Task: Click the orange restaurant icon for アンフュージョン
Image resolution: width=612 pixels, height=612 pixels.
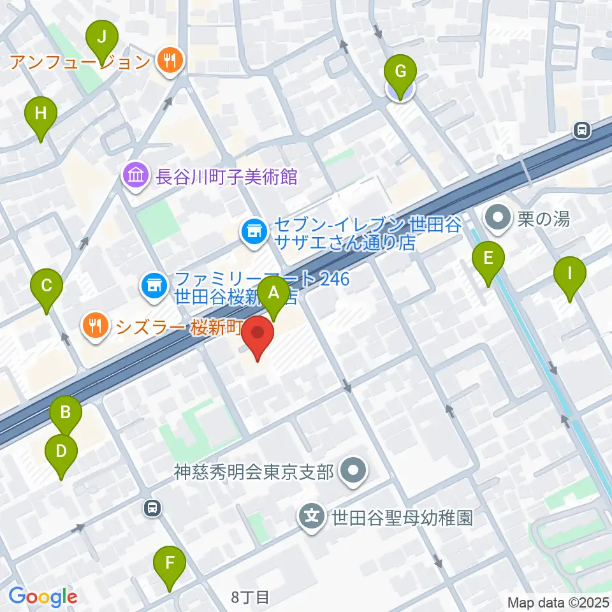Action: pos(170,61)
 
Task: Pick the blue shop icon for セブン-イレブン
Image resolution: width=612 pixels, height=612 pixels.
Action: pos(254,231)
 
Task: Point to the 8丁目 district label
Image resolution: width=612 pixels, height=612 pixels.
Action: pos(251,597)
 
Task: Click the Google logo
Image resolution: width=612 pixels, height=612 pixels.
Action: pos(43,597)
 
